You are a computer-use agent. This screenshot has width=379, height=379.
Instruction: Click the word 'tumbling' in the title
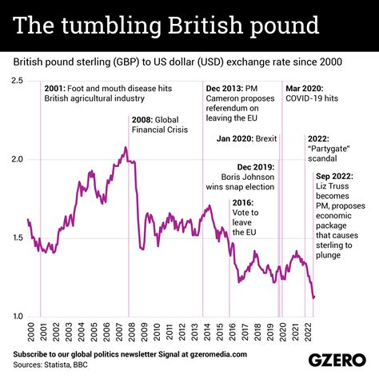tap(114, 26)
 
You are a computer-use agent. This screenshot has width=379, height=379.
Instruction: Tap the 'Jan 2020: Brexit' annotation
tap(246, 138)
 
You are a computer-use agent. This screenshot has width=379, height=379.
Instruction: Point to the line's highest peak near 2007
tap(126, 147)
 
